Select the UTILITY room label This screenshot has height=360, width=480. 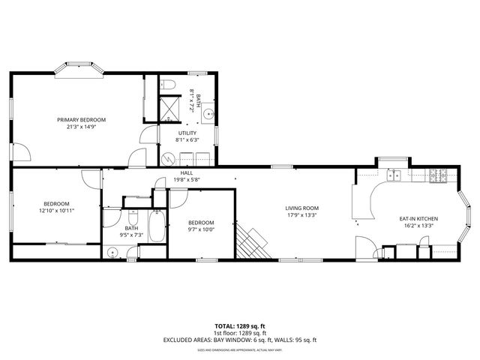point(187,133)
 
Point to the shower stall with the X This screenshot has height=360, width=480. point(170,109)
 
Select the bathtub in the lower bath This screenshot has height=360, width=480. point(157,226)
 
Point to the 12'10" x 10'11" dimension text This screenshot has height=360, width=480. point(57,211)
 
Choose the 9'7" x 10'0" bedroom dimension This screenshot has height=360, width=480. point(201,229)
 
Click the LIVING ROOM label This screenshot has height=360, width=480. point(301,208)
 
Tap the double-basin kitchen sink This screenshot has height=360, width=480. point(394,177)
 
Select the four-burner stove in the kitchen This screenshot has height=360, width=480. point(437,177)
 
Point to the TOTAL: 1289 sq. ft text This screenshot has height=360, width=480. point(240,325)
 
